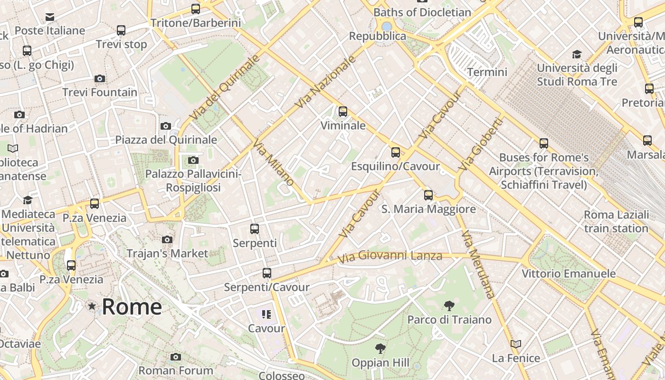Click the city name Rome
(132, 307)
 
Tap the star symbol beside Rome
(92, 307)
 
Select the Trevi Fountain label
(100, 92)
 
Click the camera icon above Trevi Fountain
(100, 78)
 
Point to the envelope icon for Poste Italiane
(49, 18)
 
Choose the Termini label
(487, 72)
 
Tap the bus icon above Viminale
(343, 112)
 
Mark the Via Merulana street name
(478, 264)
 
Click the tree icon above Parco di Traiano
(449, 305)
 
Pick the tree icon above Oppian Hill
(380, 349)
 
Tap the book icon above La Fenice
(516, 344)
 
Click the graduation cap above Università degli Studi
(577, 54)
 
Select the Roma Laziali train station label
(616, 221)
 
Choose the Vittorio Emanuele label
(569, 274)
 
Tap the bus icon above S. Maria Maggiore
(428, 195)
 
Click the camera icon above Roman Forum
(176, 357)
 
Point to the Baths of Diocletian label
(422, 12)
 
